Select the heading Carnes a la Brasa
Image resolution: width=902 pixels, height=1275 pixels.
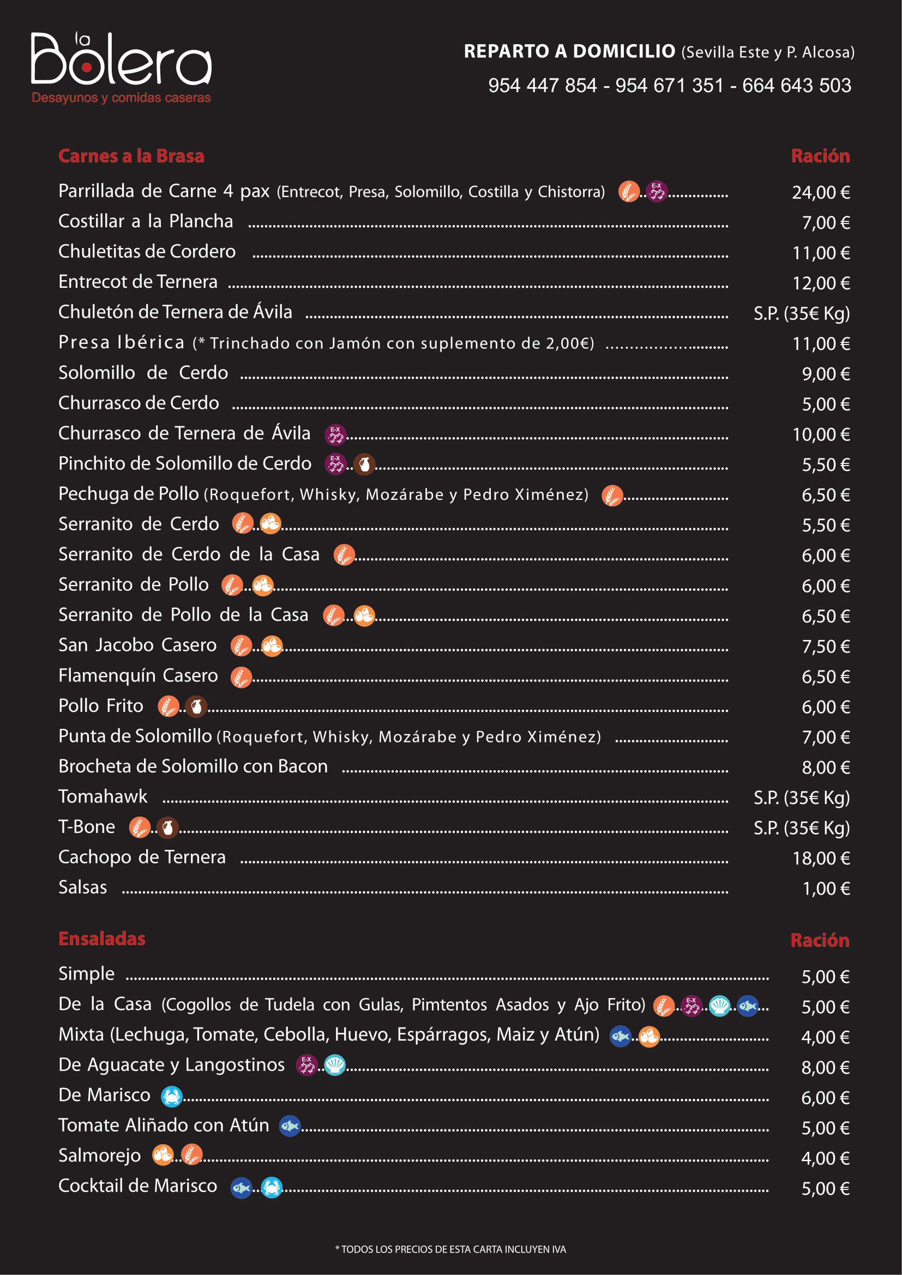coord(131,156)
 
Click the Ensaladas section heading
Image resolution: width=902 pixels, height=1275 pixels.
coord(101,939)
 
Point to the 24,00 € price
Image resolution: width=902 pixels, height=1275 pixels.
coord(821,192)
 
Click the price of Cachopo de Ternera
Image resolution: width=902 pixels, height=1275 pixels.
coord(821,859)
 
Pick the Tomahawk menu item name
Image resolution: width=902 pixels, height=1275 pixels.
coord(103,796)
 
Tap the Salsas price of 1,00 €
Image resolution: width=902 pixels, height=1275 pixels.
coord(826,889)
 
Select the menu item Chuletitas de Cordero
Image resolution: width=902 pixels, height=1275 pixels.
coord(147,251)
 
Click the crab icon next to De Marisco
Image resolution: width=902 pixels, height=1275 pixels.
coord(172,1096)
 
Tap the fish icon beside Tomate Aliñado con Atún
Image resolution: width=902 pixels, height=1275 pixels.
coord(290,1126)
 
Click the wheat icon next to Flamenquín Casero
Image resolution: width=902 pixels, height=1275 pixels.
coord(241,678)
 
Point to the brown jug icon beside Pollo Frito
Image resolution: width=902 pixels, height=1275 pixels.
coord(196,707)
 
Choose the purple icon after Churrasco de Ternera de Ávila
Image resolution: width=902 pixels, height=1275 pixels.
coord(335,435)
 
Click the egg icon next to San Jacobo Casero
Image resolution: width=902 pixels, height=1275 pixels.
coord(272,646)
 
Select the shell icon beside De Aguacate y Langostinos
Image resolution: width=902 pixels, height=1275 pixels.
coord(334,1065)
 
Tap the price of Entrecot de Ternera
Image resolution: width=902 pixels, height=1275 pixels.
coord(821,283)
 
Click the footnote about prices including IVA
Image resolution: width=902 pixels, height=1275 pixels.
coord(450,1249)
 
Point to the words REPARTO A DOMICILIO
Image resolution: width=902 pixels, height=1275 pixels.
coord(569,51)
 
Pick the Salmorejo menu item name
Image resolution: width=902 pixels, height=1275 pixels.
coord(100,1156)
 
